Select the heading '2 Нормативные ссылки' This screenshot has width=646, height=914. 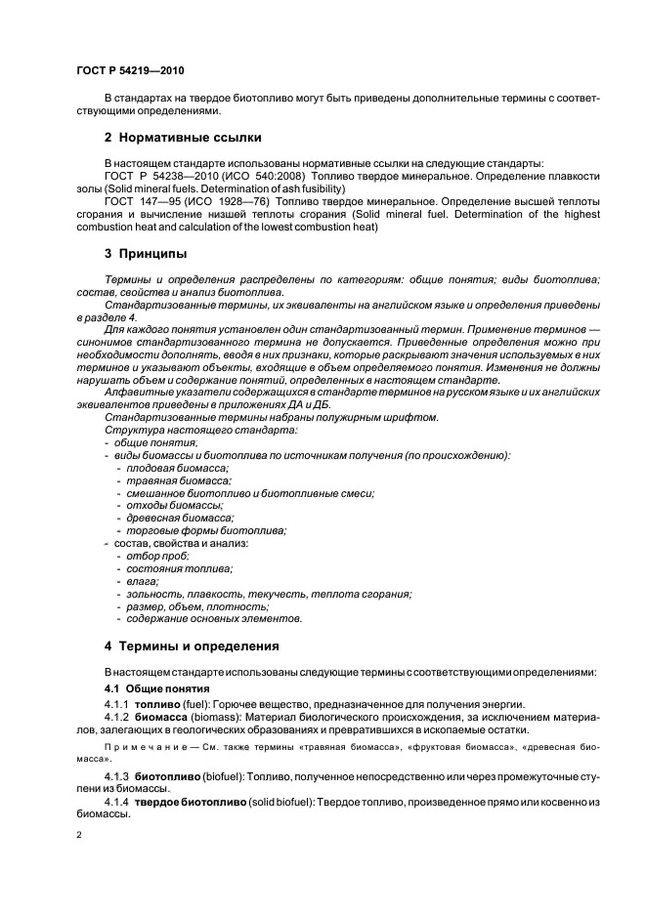(x=183, y=137)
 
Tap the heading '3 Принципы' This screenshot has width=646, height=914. (x=146, y=254)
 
